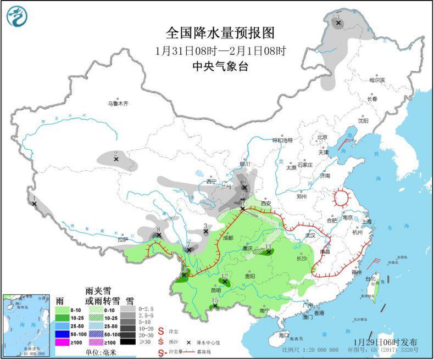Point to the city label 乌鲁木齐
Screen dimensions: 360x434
pos(118,103)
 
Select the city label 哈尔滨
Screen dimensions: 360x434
pos(377,80)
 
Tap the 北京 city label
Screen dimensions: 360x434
pos(321,137)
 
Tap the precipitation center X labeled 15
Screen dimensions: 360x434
pos(215,306)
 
